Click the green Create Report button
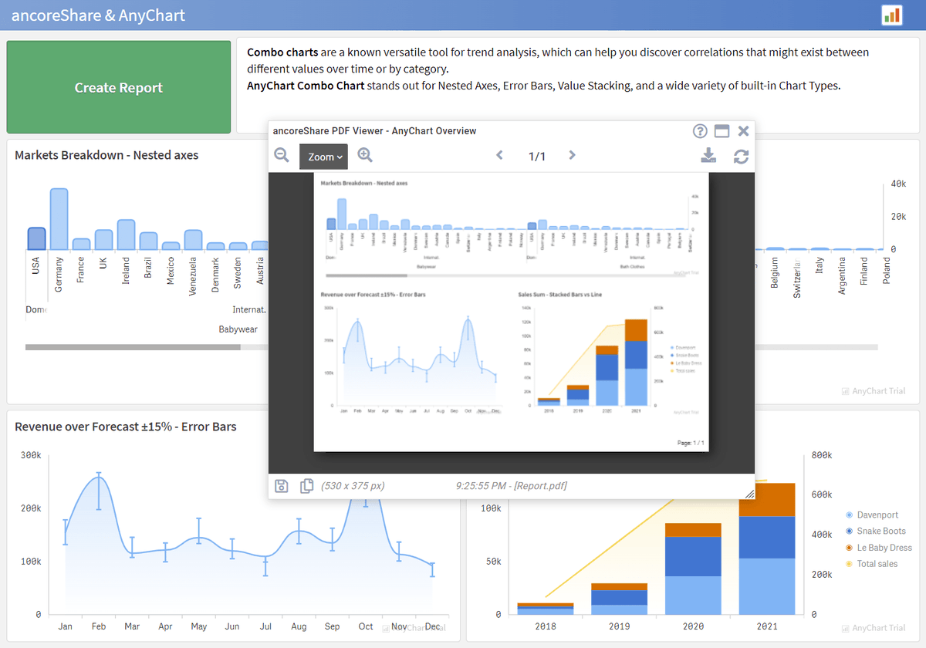[x=119, y=88]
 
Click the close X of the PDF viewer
[x=743, y=131]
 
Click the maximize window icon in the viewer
[x=722, y=131]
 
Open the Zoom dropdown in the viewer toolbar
[x=323, y=157]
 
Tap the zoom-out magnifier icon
[x=282, y=155]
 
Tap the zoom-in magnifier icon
[x=365, y=155]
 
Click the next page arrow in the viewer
[x=572, y=156]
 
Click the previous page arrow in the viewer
[x=499, y=156]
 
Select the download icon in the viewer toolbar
[x=708, y=156]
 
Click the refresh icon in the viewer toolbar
[x=741, y=157]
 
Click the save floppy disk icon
[x=282, y=485]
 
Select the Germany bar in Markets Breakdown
[x=59, y=219]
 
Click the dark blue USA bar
[x=36, y=238]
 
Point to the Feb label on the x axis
[x=99, y=626]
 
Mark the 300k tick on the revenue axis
[x=31, y=455]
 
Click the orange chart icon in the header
[x=892, y=15]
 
